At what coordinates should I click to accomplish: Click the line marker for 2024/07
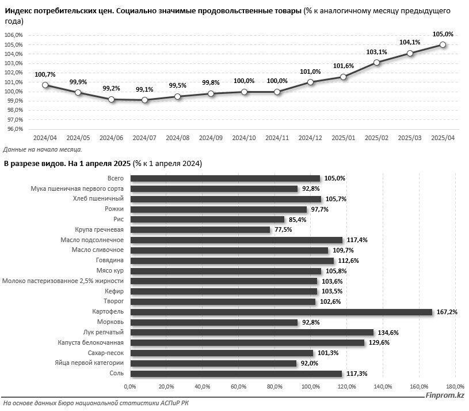click(x=144, y=100)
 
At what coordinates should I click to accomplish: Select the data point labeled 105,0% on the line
click(x=443, y=44)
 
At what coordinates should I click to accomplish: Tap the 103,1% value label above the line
click(x=376, y=52)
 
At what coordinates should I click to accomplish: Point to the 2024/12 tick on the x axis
click(x=310, y=138)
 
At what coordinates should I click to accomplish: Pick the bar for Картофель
click(x=281, y=312)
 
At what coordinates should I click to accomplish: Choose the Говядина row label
click(x=110, y=261)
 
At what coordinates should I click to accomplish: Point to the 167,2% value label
click(x=445, y=312)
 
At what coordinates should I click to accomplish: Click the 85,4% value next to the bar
click(x=298, y=219)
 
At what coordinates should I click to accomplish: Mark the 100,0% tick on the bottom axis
click(x=310, y=386)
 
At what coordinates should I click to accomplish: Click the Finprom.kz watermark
click(x=444, y=395)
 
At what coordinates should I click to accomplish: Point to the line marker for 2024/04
click(x=45, y=85)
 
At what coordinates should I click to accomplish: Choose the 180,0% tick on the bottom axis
click(x=455, y=386)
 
